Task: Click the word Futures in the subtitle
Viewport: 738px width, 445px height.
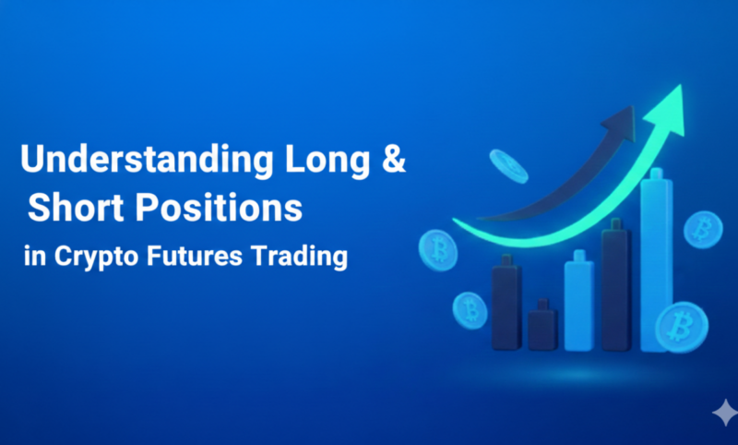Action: [196, 257]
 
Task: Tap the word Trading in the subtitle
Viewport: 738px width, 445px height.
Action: [304, 257]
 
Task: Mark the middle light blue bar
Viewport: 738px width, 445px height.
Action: [579, 300]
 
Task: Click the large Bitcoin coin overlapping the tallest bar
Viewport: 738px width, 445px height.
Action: [681, 325]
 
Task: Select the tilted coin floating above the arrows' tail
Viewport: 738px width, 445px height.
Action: [508, 166]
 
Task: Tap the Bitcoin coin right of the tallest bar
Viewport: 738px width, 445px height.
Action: [705, 227]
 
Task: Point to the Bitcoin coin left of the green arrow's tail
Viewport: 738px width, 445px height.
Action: [437, 248]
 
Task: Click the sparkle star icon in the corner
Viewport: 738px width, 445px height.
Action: [723, 412]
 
